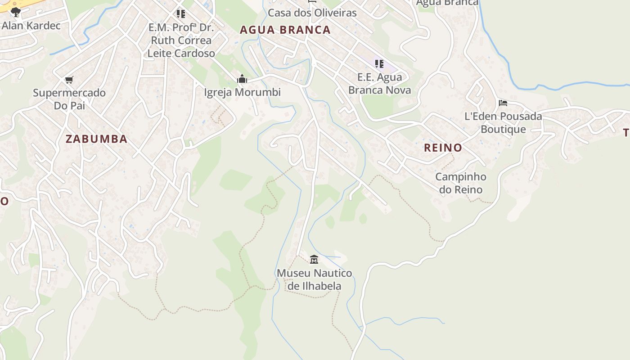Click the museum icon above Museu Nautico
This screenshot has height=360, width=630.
click(x=314, y=259)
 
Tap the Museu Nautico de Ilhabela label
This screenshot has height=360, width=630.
click(x=314, y=279)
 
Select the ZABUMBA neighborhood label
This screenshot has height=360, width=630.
click(x=96, y=139)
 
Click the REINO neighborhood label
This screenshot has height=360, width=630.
click(x=443, y=148)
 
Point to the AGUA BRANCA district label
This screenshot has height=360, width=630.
click(x=285, y=30)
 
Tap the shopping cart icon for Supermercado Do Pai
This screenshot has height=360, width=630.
click(x=69, y=80)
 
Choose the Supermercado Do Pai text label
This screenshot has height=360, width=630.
click(x=69, y=99)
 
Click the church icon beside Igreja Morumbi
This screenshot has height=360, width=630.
click(x=242, y=79)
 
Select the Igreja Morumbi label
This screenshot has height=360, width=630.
click(x=242, y=92)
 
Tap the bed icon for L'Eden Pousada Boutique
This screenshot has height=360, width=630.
click(x=503, y=103)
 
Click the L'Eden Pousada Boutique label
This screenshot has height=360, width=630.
click(x=503, y=122)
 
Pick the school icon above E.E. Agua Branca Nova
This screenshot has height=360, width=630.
click(x=379, y=64)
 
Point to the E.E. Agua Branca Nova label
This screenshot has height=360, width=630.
click(x=379, y=83)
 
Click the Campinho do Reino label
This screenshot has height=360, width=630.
click(x=461, y=183)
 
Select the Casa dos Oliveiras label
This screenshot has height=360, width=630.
click(x=312, y=13)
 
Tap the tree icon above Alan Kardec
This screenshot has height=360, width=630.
click(x=16, y=12)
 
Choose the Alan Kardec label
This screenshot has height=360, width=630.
click(x=31, y=25)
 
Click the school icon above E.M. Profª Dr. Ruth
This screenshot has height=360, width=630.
click(x=181, y=14)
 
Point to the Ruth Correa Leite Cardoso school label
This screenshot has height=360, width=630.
click(x=181, y=40)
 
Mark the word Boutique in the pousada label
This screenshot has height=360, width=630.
click(x=503, y=129)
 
